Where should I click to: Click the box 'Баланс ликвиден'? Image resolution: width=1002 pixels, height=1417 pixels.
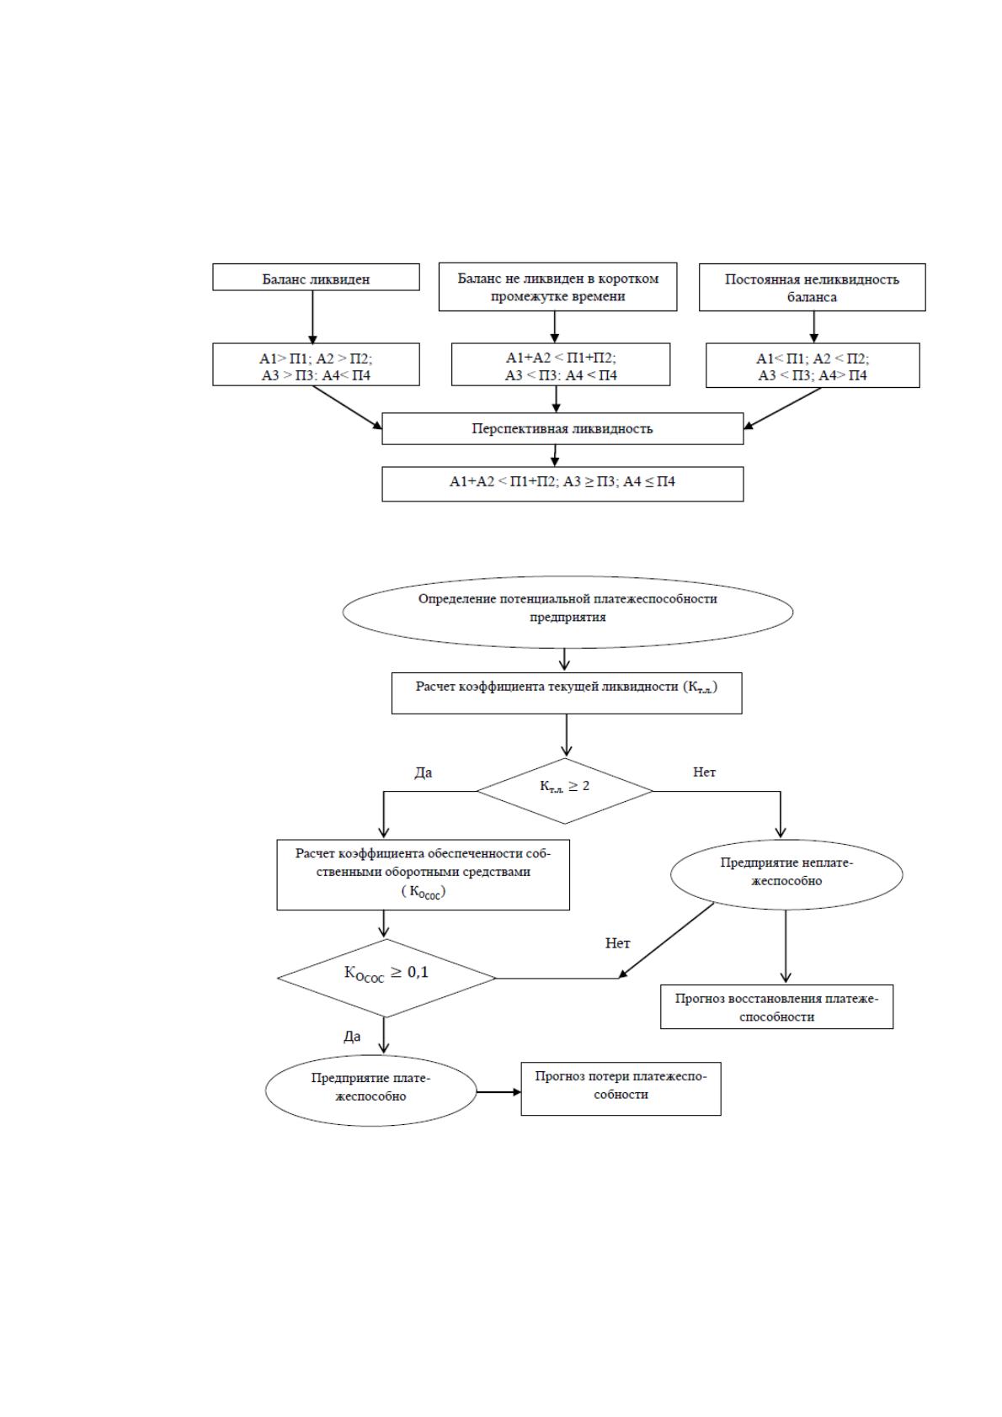[x=316, y=277]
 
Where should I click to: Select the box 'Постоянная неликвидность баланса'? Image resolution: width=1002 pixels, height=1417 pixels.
[x=812, y=287]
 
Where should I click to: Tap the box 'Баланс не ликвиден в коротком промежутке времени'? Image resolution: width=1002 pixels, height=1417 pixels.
[x=557, y=287]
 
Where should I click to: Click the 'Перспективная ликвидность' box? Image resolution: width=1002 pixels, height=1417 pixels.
[x=562, y=429]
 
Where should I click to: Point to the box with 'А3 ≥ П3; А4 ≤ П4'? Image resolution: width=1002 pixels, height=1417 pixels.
[x=562, y=484]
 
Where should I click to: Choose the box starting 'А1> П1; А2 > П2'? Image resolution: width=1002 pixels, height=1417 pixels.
[x=316, y=364]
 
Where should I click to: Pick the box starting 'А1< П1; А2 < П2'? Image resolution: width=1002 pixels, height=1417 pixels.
[x=813, y=366]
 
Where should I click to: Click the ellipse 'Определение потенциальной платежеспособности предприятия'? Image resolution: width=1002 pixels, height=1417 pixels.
[x=568, y=612]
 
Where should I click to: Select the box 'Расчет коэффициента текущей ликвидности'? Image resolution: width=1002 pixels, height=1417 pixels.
[x=567, y=693]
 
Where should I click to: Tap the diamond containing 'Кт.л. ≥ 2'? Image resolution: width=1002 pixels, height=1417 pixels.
[x=565, y=791]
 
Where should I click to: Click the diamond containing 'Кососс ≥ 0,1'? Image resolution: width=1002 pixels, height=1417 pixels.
[x=386, y=978]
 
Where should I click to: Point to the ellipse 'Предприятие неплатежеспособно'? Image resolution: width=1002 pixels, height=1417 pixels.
[x=786, y=875]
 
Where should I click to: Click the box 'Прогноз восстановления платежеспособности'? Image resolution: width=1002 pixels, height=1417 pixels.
[x=776, y=1006]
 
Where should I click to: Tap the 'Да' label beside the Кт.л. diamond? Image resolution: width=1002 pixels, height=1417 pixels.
[x=424, y=772]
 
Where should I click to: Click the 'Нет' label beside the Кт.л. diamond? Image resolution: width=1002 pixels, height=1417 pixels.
[x=705, y=772]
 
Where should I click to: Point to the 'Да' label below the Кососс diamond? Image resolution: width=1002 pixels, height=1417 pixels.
[x=352, y=1036]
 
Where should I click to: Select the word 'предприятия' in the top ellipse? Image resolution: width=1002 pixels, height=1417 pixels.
[x=568, y=617]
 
